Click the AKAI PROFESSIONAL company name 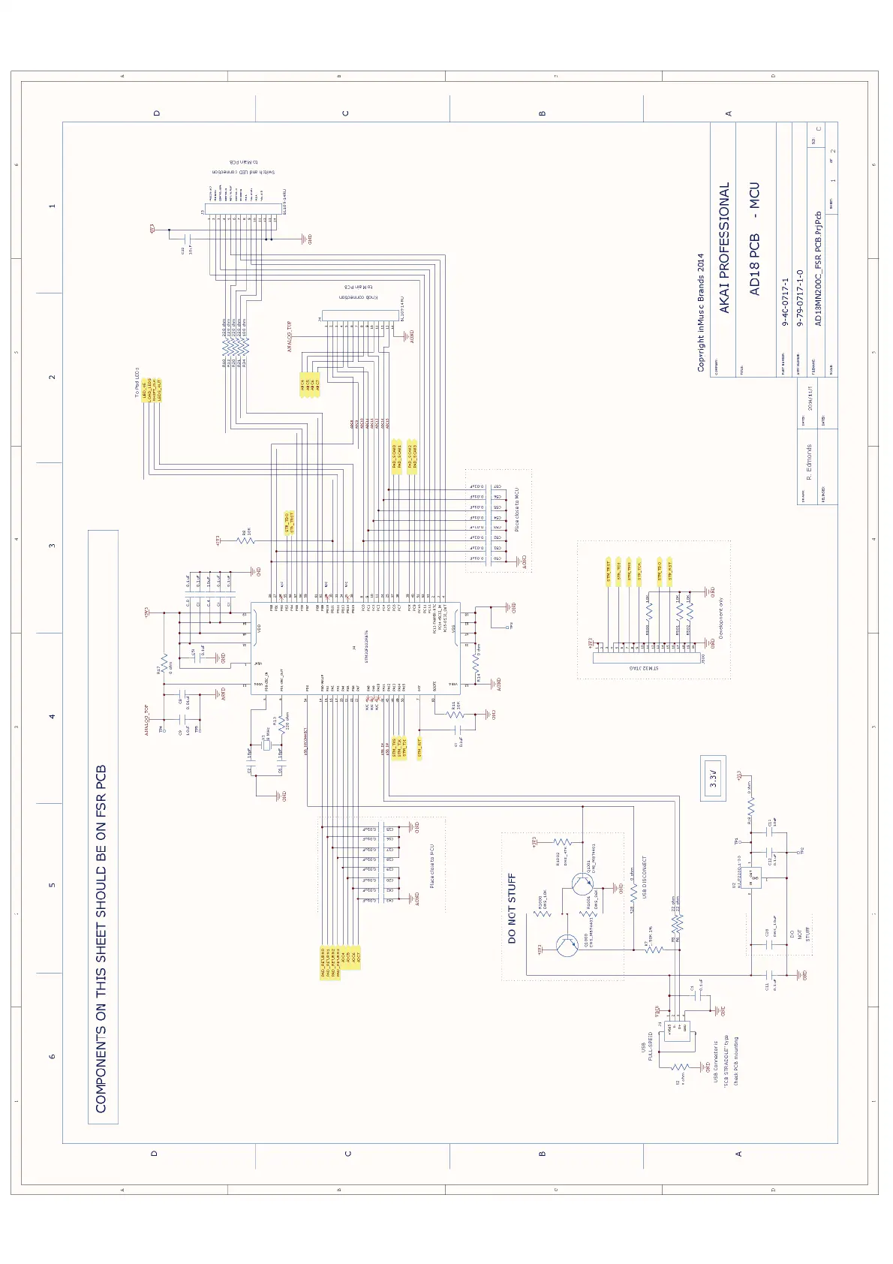[725, 247]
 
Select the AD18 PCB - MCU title [755, 238]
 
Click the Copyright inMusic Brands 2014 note [701, 311]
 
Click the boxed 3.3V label [714, 777]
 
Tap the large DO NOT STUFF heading [512, 907]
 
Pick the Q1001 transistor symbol [582, 883]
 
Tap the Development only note [721, 616]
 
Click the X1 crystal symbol [264, 745]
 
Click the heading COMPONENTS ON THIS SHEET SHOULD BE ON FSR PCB [102, 938]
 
